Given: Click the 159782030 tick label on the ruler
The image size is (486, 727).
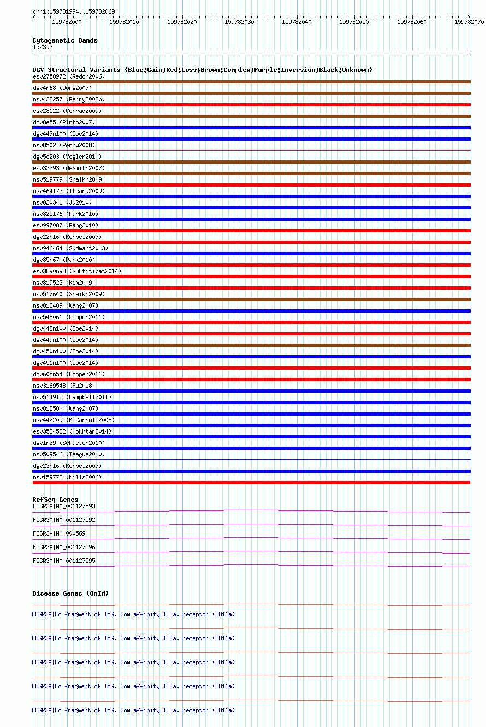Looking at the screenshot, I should pyautogui.click(x=239, y=22).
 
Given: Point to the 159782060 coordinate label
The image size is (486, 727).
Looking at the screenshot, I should pyautogui.click(x=412, y=22).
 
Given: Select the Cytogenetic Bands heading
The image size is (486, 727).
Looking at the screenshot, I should pyautogui.click(x=64, y=40).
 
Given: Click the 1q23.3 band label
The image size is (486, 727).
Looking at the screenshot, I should pyautogui.click(x=43, y=47).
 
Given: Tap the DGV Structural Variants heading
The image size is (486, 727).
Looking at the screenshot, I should pyautogui.click(x=202, y=70).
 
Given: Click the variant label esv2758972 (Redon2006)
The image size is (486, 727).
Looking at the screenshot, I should pyautogui.click(x=68, y=76).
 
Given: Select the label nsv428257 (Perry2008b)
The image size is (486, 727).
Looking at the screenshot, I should pyautogui.click(x=68, y=99).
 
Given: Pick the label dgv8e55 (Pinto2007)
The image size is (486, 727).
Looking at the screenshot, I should pyautogui.click(x=64, y=122).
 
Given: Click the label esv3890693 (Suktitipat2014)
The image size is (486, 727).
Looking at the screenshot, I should pyautogui.click(x=77, y=271).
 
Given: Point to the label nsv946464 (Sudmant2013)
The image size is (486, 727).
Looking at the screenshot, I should pyautogui.click(x=70, y=248).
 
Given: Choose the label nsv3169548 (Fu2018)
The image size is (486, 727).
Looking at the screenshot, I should pyautogui.click(x=63, y=386).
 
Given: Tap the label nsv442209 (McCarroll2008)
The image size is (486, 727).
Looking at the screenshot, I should pyautogui.click(x=74, y=420).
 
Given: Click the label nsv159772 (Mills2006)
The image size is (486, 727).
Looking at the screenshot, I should pyautogui.click(x=67, y=477).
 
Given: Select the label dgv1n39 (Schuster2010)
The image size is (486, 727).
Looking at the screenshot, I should pyautogui.click(x=68, y=443).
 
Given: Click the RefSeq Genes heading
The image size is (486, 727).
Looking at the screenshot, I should pyautogui.click(x=55, y=500).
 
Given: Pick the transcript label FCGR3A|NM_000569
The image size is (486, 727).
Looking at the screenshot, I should pyautogui.click(x=59, y=533).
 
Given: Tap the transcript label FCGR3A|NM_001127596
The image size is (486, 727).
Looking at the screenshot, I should pyautogui.click(x=64, y=547).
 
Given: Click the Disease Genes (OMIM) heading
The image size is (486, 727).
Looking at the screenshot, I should pyautogui.click(x=70, y=593).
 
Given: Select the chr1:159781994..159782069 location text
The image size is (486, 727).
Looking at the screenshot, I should pyautogui.click(x=74, y=11).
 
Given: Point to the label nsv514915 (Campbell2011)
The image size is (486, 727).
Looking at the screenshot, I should pyautogui.click(x=72, y=397).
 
